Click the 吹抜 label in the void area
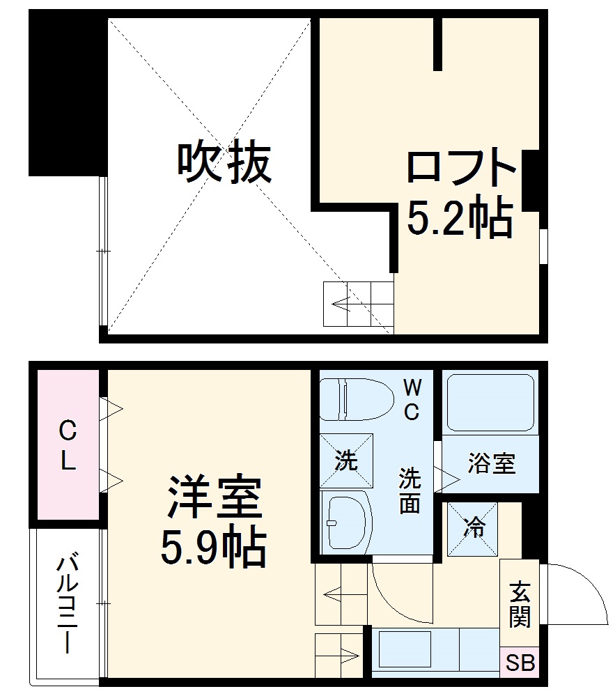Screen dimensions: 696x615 coord(223,163)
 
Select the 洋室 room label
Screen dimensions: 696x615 coord(213,499)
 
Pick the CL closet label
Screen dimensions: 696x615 coord(67,447)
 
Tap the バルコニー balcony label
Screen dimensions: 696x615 coord(67,603)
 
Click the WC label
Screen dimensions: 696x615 coord(412,399)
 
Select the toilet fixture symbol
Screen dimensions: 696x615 coord(355,399)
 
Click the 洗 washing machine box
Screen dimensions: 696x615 coord(346,461)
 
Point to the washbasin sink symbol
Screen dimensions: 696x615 coord(346,523)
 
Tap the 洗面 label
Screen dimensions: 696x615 coord(410,490)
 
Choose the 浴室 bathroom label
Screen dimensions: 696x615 coord(491,463)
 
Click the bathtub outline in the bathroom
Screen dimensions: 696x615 coord(490,403)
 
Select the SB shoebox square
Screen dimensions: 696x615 coord(520,663)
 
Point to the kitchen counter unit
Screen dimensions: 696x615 coord(435,651)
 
